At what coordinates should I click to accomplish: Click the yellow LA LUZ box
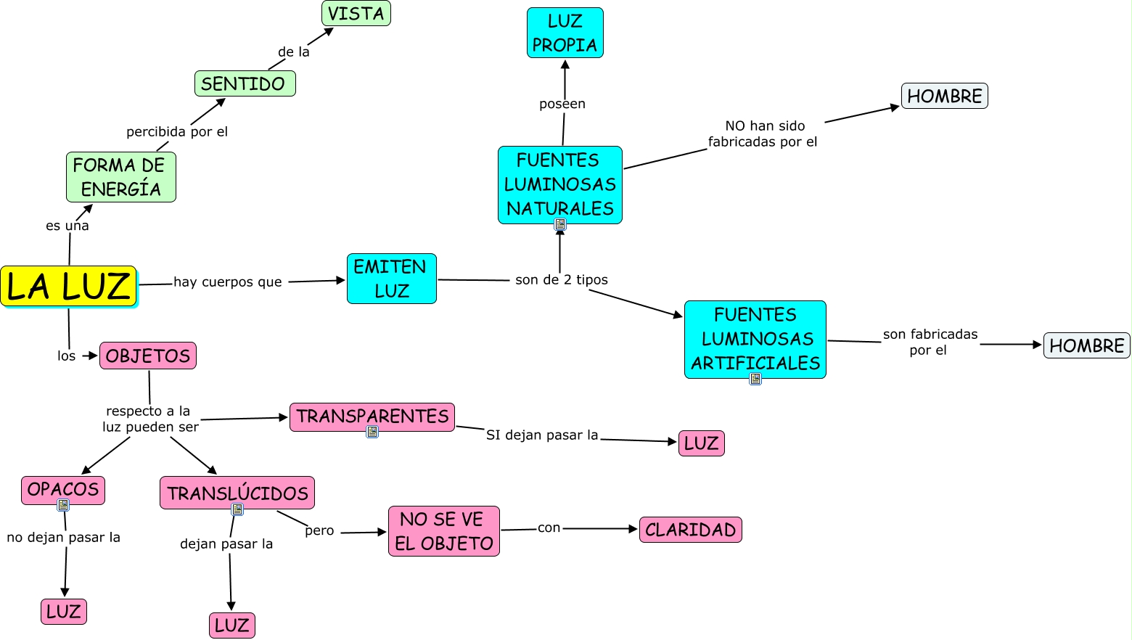69,286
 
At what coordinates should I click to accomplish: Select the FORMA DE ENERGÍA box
120,177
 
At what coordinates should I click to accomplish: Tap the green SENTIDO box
245,83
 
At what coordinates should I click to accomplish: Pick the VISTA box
356,13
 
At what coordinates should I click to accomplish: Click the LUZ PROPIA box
565,33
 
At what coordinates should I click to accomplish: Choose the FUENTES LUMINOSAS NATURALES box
559,184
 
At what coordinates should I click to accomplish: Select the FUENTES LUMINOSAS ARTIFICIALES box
755,339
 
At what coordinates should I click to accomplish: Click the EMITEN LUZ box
391,279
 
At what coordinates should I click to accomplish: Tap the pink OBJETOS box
148,356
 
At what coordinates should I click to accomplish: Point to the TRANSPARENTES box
372,417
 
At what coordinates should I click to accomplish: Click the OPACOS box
63,489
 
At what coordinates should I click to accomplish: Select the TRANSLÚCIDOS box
237,493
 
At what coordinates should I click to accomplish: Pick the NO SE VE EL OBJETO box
443,531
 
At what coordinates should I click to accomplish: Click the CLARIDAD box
690,530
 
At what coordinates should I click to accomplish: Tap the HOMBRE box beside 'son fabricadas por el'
1086,345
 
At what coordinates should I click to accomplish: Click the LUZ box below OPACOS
64,611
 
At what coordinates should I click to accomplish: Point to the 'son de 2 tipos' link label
562,279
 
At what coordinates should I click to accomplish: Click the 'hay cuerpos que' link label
227,282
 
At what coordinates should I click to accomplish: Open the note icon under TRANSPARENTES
372,432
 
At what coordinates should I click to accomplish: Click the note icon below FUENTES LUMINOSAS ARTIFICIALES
755,379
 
